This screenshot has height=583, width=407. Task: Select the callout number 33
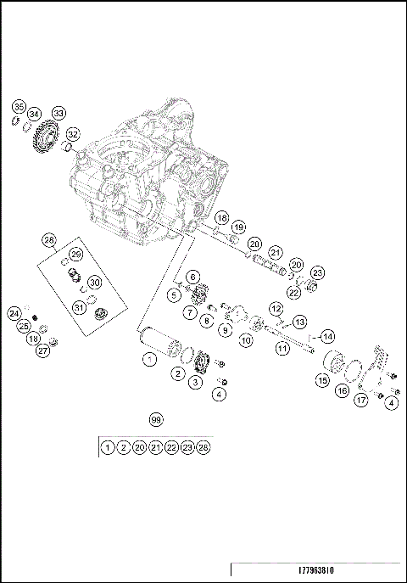click(59, 112)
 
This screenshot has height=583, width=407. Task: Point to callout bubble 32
click(73, 134)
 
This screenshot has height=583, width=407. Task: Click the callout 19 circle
click(238, 227)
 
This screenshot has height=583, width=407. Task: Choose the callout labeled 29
click(75, 255)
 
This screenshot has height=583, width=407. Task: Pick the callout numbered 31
click(79, 307)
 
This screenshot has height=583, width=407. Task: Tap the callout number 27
click(43, 351)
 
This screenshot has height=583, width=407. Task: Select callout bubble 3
click(196, 384)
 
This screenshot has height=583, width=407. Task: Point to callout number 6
click(193, 277)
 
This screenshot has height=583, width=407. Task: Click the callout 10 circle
click(246, 340)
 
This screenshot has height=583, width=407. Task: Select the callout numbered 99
click(155, 419)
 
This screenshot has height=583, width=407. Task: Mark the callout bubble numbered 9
click(226, 330)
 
